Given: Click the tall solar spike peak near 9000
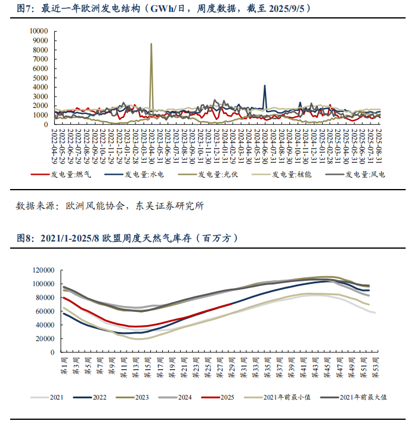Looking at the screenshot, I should click(151, 44).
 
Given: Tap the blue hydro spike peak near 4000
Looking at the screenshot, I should click(265, 85).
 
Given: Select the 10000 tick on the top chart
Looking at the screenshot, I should click(39, 30).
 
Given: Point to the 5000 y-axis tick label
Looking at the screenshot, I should click(41, 78).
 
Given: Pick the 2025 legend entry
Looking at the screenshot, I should click(225, 397).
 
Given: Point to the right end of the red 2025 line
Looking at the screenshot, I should click(232, 304).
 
